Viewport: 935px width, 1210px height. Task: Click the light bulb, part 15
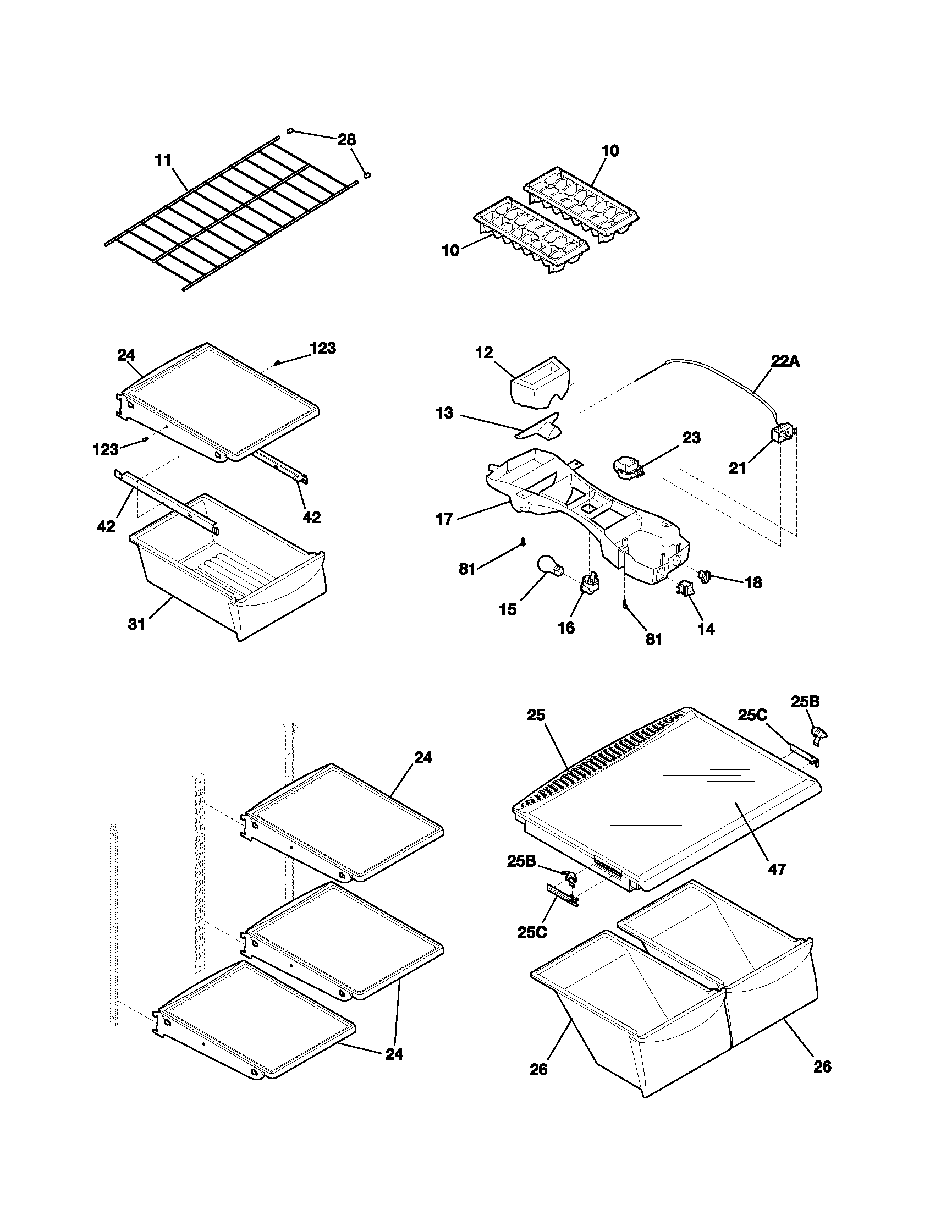[549, 568]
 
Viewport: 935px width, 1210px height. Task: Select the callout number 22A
[785, 361]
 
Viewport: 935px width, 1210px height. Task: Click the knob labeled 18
[706, 576]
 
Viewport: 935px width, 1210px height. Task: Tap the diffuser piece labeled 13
[540, 430]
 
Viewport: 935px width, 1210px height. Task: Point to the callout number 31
[136, 624]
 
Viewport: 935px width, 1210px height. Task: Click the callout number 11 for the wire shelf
[163, 161]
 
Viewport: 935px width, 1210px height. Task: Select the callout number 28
[346, 140]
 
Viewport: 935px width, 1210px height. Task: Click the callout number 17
[444, 519]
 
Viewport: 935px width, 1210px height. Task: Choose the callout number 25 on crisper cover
[536, 715]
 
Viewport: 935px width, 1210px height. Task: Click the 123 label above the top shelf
[322, 348]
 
